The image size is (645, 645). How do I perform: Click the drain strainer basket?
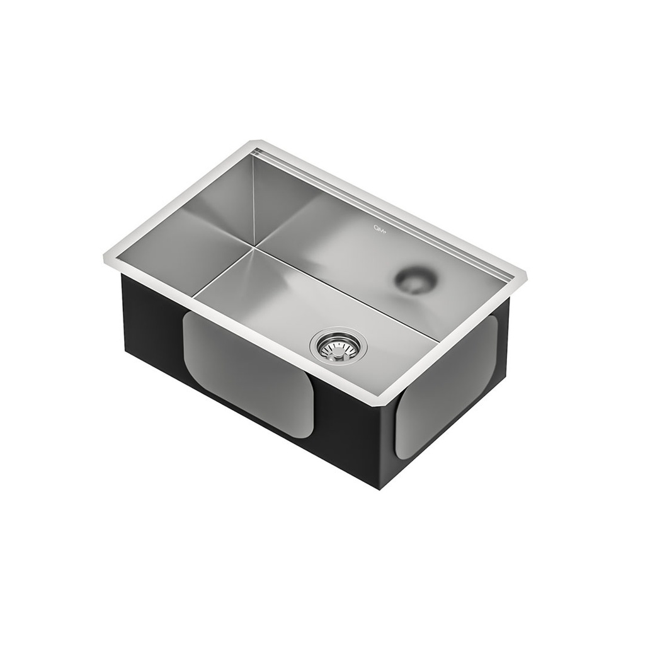click(x=336, y=345)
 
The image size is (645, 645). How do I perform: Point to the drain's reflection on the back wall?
click(x=414, y=280)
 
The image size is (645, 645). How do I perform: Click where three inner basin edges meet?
click(x=254, y=247)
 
